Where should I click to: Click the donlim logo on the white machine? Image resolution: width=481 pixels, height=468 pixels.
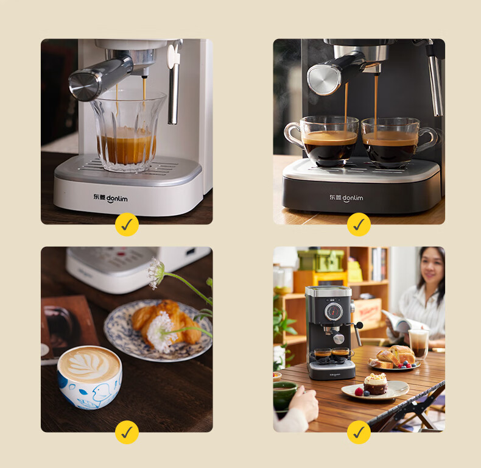click(110, 198)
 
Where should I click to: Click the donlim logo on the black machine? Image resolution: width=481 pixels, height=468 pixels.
click(346, 198)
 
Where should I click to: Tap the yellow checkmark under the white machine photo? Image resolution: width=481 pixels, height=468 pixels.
click(127, 224)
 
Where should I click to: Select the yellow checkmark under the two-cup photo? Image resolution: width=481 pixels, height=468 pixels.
click(359, 224)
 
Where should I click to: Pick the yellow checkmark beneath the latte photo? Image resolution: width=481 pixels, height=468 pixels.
click(127, 432)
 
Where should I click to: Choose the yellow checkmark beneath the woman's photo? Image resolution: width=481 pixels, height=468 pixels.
click(359, 432)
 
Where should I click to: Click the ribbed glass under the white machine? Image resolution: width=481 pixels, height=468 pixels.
click(128, 130)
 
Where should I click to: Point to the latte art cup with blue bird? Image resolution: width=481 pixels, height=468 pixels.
click(90, 377)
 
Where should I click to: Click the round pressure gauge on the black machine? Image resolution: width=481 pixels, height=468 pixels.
click(334, 312)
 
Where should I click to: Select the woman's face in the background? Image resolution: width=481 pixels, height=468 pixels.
click(431, 268)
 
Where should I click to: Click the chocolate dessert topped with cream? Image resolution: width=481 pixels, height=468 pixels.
click(376, 383)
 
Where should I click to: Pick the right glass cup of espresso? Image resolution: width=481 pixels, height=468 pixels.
click(397, 142)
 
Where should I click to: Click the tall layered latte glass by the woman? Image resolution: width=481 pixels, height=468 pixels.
click(418, 344)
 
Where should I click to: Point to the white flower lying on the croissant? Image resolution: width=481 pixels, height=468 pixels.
click(162, 331)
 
